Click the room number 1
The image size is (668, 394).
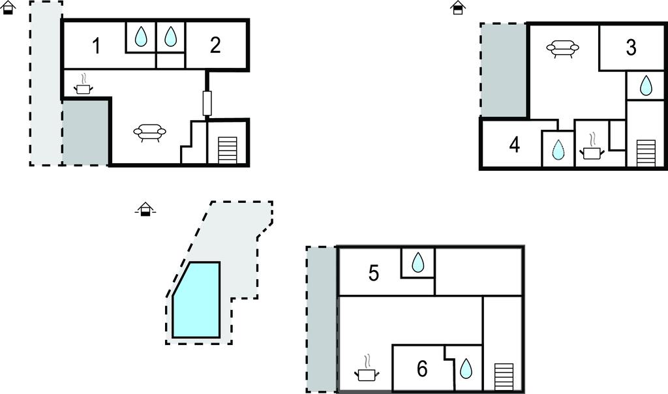pyautogui.click(x=96, y=47)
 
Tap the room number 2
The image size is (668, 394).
pyautogui.click(x=215, y=45)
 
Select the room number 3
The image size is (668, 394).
pyautogui.click(x=631, y=48)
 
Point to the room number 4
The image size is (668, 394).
pyautogui.click(x=515, y=145)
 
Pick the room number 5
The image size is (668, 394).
pyautogui.click(x=374, y=273)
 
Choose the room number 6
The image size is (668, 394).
pyautogui.click(x=422, y=369)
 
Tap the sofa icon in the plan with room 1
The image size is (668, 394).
pyautogui.click(x=149, y=132)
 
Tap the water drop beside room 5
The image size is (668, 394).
pyautogui.click(x=417, y=262)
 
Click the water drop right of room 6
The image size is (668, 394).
pyautogui.click(x=466, y=369)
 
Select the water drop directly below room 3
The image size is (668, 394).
pyautogui.click(x=645, y=85)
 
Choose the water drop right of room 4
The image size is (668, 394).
pyautogui.click(x=558, y=149)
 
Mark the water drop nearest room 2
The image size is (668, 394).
pyautogui.click(x=170, y=37)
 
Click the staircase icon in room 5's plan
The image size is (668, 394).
pyautogui.click(x=503, y=376)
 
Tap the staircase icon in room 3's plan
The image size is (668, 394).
pyautogui.click(x=645, y=153)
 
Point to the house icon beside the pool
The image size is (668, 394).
pyautogui.click(x=146, y=209)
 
